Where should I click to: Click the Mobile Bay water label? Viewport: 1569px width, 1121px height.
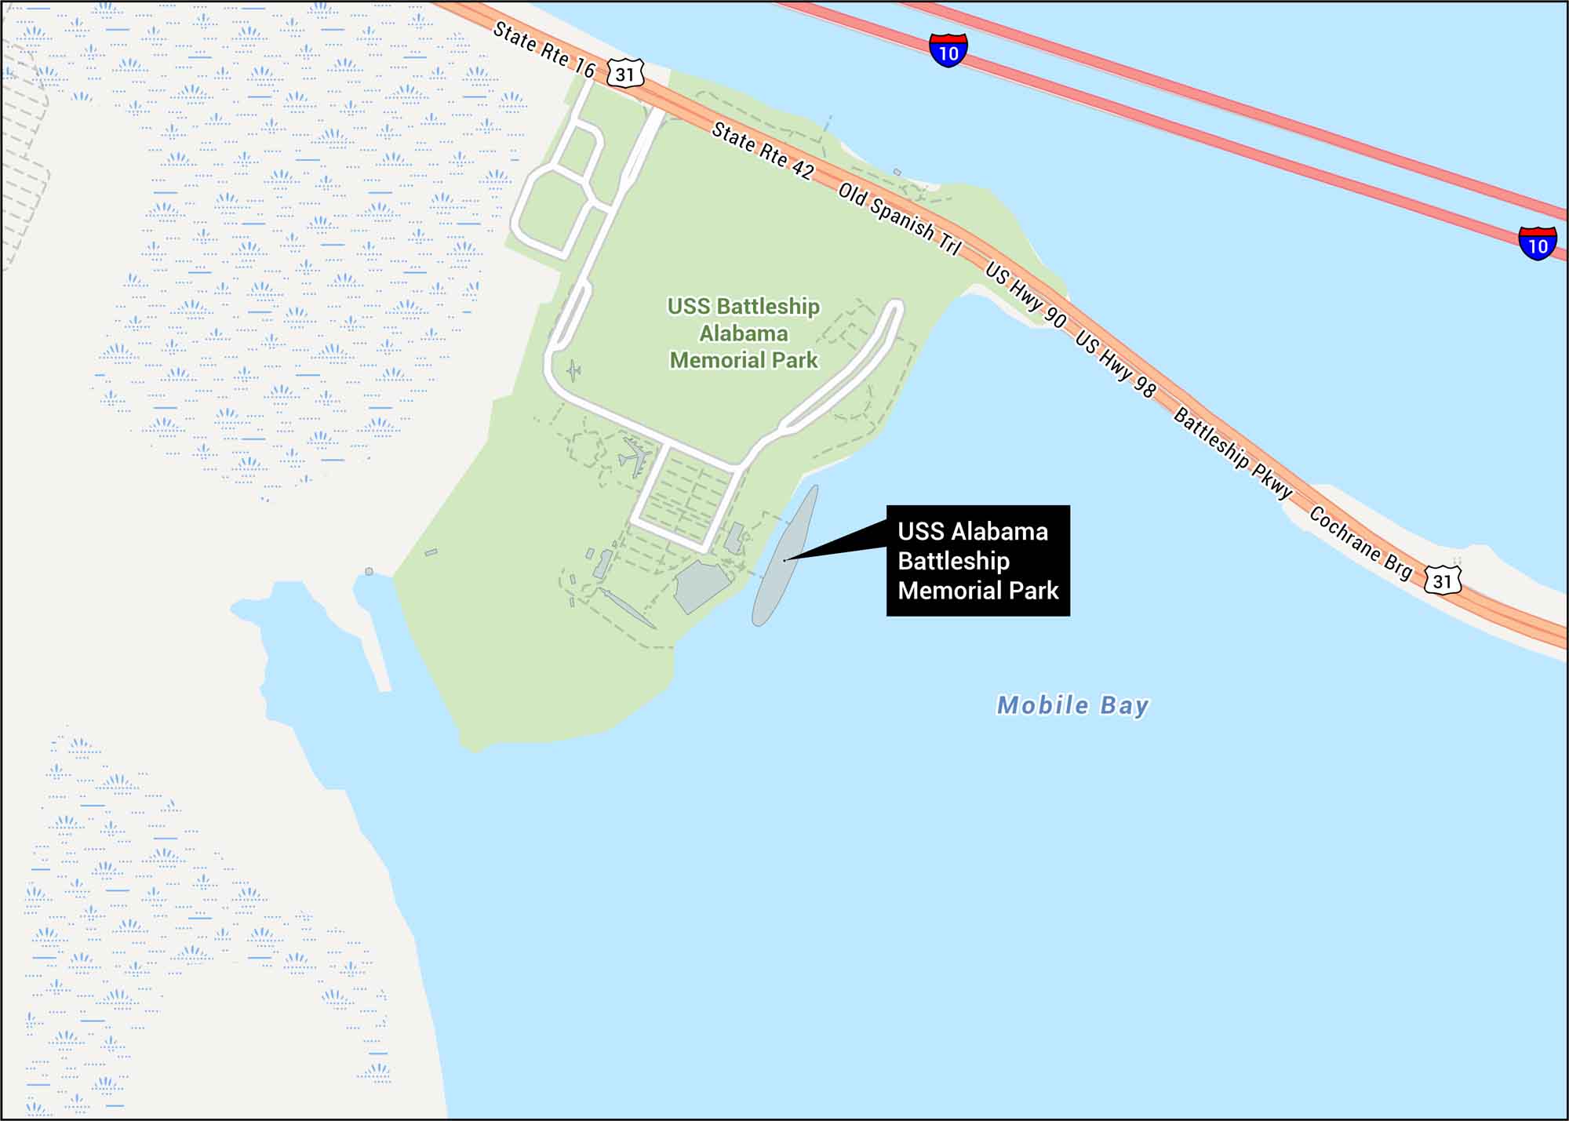coord(1072,705)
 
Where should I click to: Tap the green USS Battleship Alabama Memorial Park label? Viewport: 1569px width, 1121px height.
coord(744,333)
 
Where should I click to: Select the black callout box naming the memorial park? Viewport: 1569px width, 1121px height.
coord(978,560)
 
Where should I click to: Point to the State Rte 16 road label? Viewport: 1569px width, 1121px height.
coord(544,49)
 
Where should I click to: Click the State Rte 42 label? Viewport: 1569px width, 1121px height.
coord(762,151)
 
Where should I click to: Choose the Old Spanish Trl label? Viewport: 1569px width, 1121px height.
coord(899,219)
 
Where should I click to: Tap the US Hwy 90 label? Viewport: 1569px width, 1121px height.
coord(1025,295)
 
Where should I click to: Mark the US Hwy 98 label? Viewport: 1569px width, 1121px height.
coord(1115,364)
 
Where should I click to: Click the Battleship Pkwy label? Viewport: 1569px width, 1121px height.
coord(1232,453)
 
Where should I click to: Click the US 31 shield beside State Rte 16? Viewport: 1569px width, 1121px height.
coord(624,75)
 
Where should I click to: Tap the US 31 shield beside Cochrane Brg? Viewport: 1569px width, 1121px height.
coord(1442,581)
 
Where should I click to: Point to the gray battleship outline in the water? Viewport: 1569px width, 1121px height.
coord(785,556)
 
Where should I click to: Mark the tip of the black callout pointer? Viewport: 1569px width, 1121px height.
coord(784,560)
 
